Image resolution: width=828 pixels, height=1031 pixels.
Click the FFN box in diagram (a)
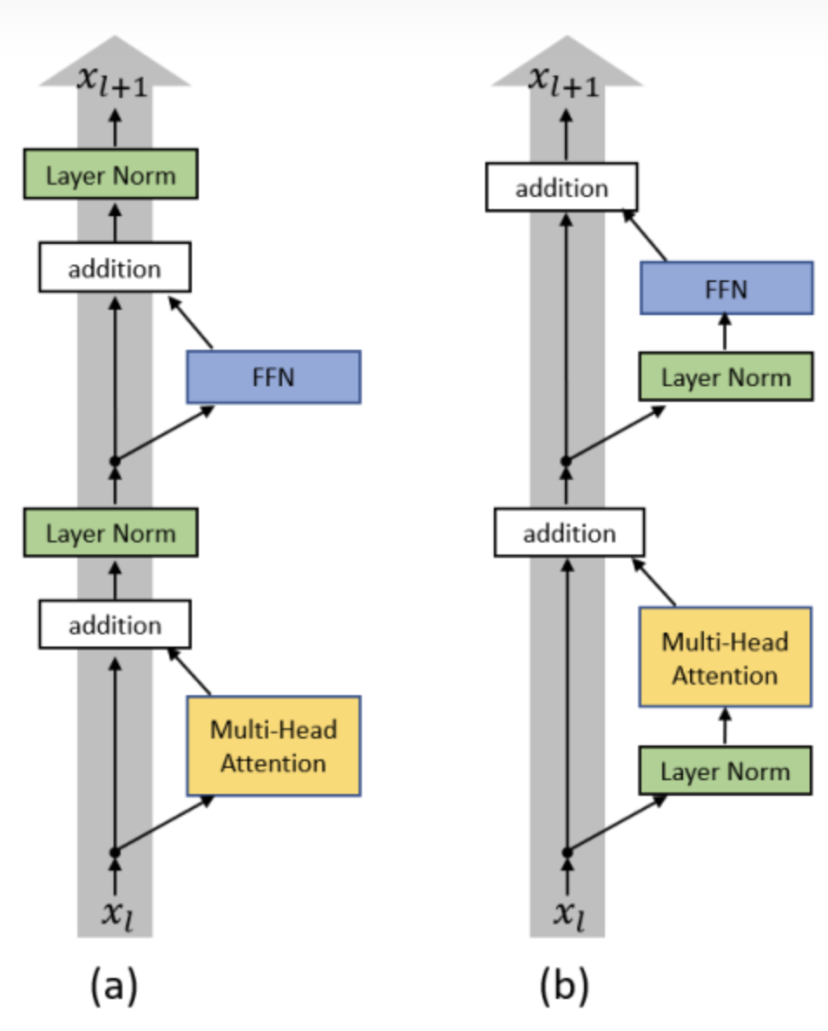click(x=273, y=377)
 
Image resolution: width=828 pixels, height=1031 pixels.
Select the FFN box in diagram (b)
click(x=726, y=288)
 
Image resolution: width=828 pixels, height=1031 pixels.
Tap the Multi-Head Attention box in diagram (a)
click(x=273, y=745)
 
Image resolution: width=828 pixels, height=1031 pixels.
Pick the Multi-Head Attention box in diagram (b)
click(x=725, y=657)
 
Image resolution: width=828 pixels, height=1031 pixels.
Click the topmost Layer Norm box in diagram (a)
click(x=110, y=174)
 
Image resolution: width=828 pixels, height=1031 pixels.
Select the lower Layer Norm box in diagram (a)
click(x=110, y=532)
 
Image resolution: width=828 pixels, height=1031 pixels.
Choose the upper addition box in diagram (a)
click(x=115, y=267)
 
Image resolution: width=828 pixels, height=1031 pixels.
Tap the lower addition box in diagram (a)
click(x=115, y=624)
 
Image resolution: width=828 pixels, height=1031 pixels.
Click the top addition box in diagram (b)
click(x=562, y=187)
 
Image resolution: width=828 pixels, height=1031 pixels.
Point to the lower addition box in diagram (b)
click(x=569, y=532)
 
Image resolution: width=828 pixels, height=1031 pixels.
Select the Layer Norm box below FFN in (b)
click(x=726, y=377)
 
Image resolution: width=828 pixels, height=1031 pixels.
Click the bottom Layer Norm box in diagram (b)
click(x=725, y=771)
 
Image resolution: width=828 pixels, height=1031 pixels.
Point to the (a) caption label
click(x=115, y=985)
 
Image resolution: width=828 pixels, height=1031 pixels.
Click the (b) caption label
click(x=564, y=985)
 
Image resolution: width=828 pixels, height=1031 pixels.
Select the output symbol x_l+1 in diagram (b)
click(x=564, y=82)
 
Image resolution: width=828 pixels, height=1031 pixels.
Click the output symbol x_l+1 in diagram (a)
click(x=113, y=82)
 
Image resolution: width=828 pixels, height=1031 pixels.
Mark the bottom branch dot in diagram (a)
click(x=115, y=853)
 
